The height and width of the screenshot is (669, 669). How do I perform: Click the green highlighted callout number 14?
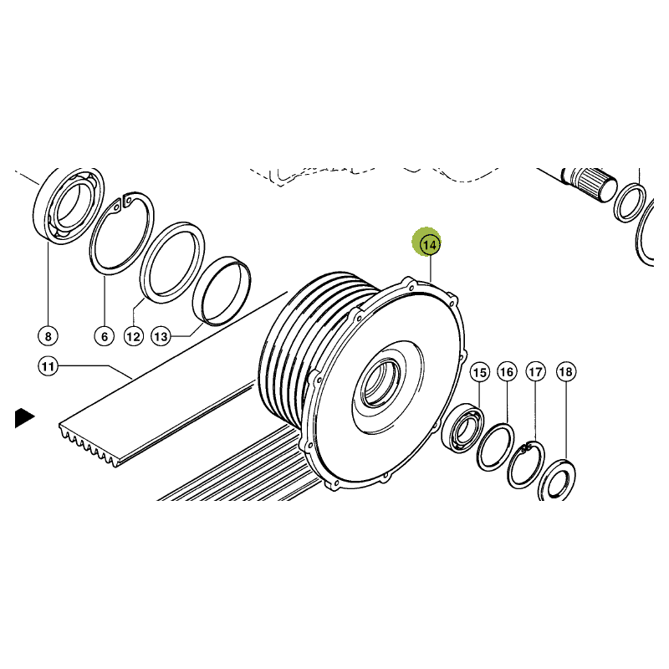coord(429,245)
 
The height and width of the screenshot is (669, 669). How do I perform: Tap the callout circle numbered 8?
coord(48,336)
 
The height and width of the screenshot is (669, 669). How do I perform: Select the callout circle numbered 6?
coord(105,337)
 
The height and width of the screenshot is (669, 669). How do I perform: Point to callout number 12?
coord(133,337)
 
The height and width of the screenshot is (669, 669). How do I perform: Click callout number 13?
coord(161,337)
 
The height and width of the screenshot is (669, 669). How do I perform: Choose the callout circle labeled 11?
coord(48,366)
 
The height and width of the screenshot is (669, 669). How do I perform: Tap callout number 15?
coord(479,372)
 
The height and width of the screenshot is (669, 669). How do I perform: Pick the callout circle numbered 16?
coord(507,372)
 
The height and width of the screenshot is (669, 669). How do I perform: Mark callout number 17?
coord(535,372)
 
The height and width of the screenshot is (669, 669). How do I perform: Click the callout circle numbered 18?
coord(566,371)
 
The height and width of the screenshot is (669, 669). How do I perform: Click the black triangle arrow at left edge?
coord(23,418)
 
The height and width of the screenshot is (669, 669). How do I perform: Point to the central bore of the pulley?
coord(380,381)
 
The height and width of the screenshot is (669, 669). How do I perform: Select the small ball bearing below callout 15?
coord(462,429)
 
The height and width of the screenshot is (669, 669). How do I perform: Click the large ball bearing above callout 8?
coord(69,206)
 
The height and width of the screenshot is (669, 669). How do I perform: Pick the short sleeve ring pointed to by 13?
coord(222,291)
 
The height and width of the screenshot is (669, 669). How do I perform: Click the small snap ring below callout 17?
coord(526,464)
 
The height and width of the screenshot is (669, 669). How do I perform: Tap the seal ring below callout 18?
coord(557,479)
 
